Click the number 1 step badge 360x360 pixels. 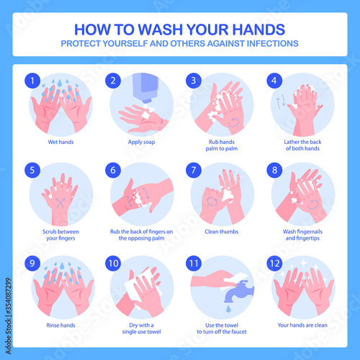(32, 81)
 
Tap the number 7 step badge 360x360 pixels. (194, 170)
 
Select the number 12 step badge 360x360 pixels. (274, 264)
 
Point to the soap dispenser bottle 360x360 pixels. (145, 88)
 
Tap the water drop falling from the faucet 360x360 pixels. (228, 309)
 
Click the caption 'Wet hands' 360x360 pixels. (60, 142)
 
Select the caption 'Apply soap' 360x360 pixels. (141, 142)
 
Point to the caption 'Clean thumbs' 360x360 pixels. (222, 232)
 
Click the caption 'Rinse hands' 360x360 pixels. (60, 325)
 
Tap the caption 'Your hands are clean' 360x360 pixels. (302, 325)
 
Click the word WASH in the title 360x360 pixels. (161, 30)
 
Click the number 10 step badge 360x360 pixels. (113, 264)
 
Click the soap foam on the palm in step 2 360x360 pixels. (147, 113)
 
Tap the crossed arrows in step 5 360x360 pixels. (60, 202)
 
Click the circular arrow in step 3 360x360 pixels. (233, 122)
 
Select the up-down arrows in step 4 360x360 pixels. (282, 101)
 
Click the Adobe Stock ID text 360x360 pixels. (9, 316)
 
